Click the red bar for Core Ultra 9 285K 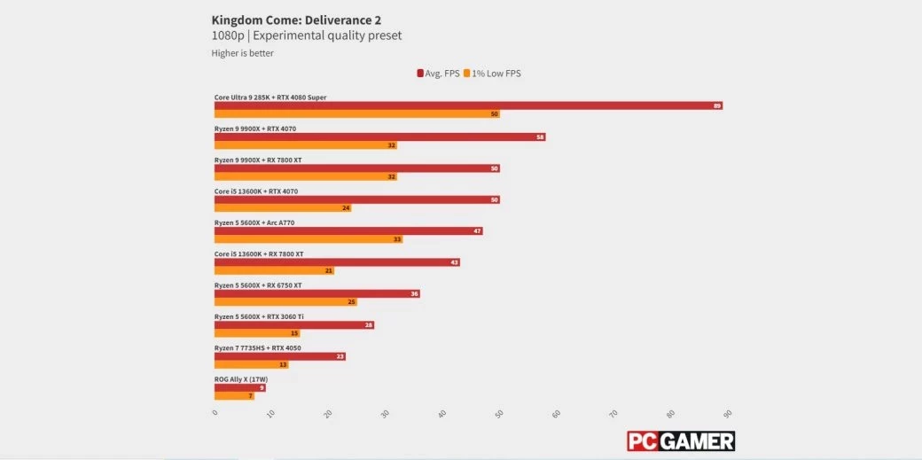tap(468, 105)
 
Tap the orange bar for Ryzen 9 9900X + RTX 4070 tap(305, 145)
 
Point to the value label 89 tap(717, 105)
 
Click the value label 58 tap(540, 137)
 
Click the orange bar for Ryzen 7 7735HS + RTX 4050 tap(251, 364)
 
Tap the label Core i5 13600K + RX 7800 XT tap(259, 253)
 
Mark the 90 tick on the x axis tap(728, 414)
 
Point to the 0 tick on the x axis tap(215, 414)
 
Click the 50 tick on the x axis tap(500, 414)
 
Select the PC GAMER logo tap(680, 441)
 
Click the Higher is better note tap(242, 53)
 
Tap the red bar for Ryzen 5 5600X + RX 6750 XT tap(316, 293)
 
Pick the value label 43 tap(454, 262)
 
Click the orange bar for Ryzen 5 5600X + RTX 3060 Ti tap(256, 333)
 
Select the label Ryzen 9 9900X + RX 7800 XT tap(258, 160)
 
